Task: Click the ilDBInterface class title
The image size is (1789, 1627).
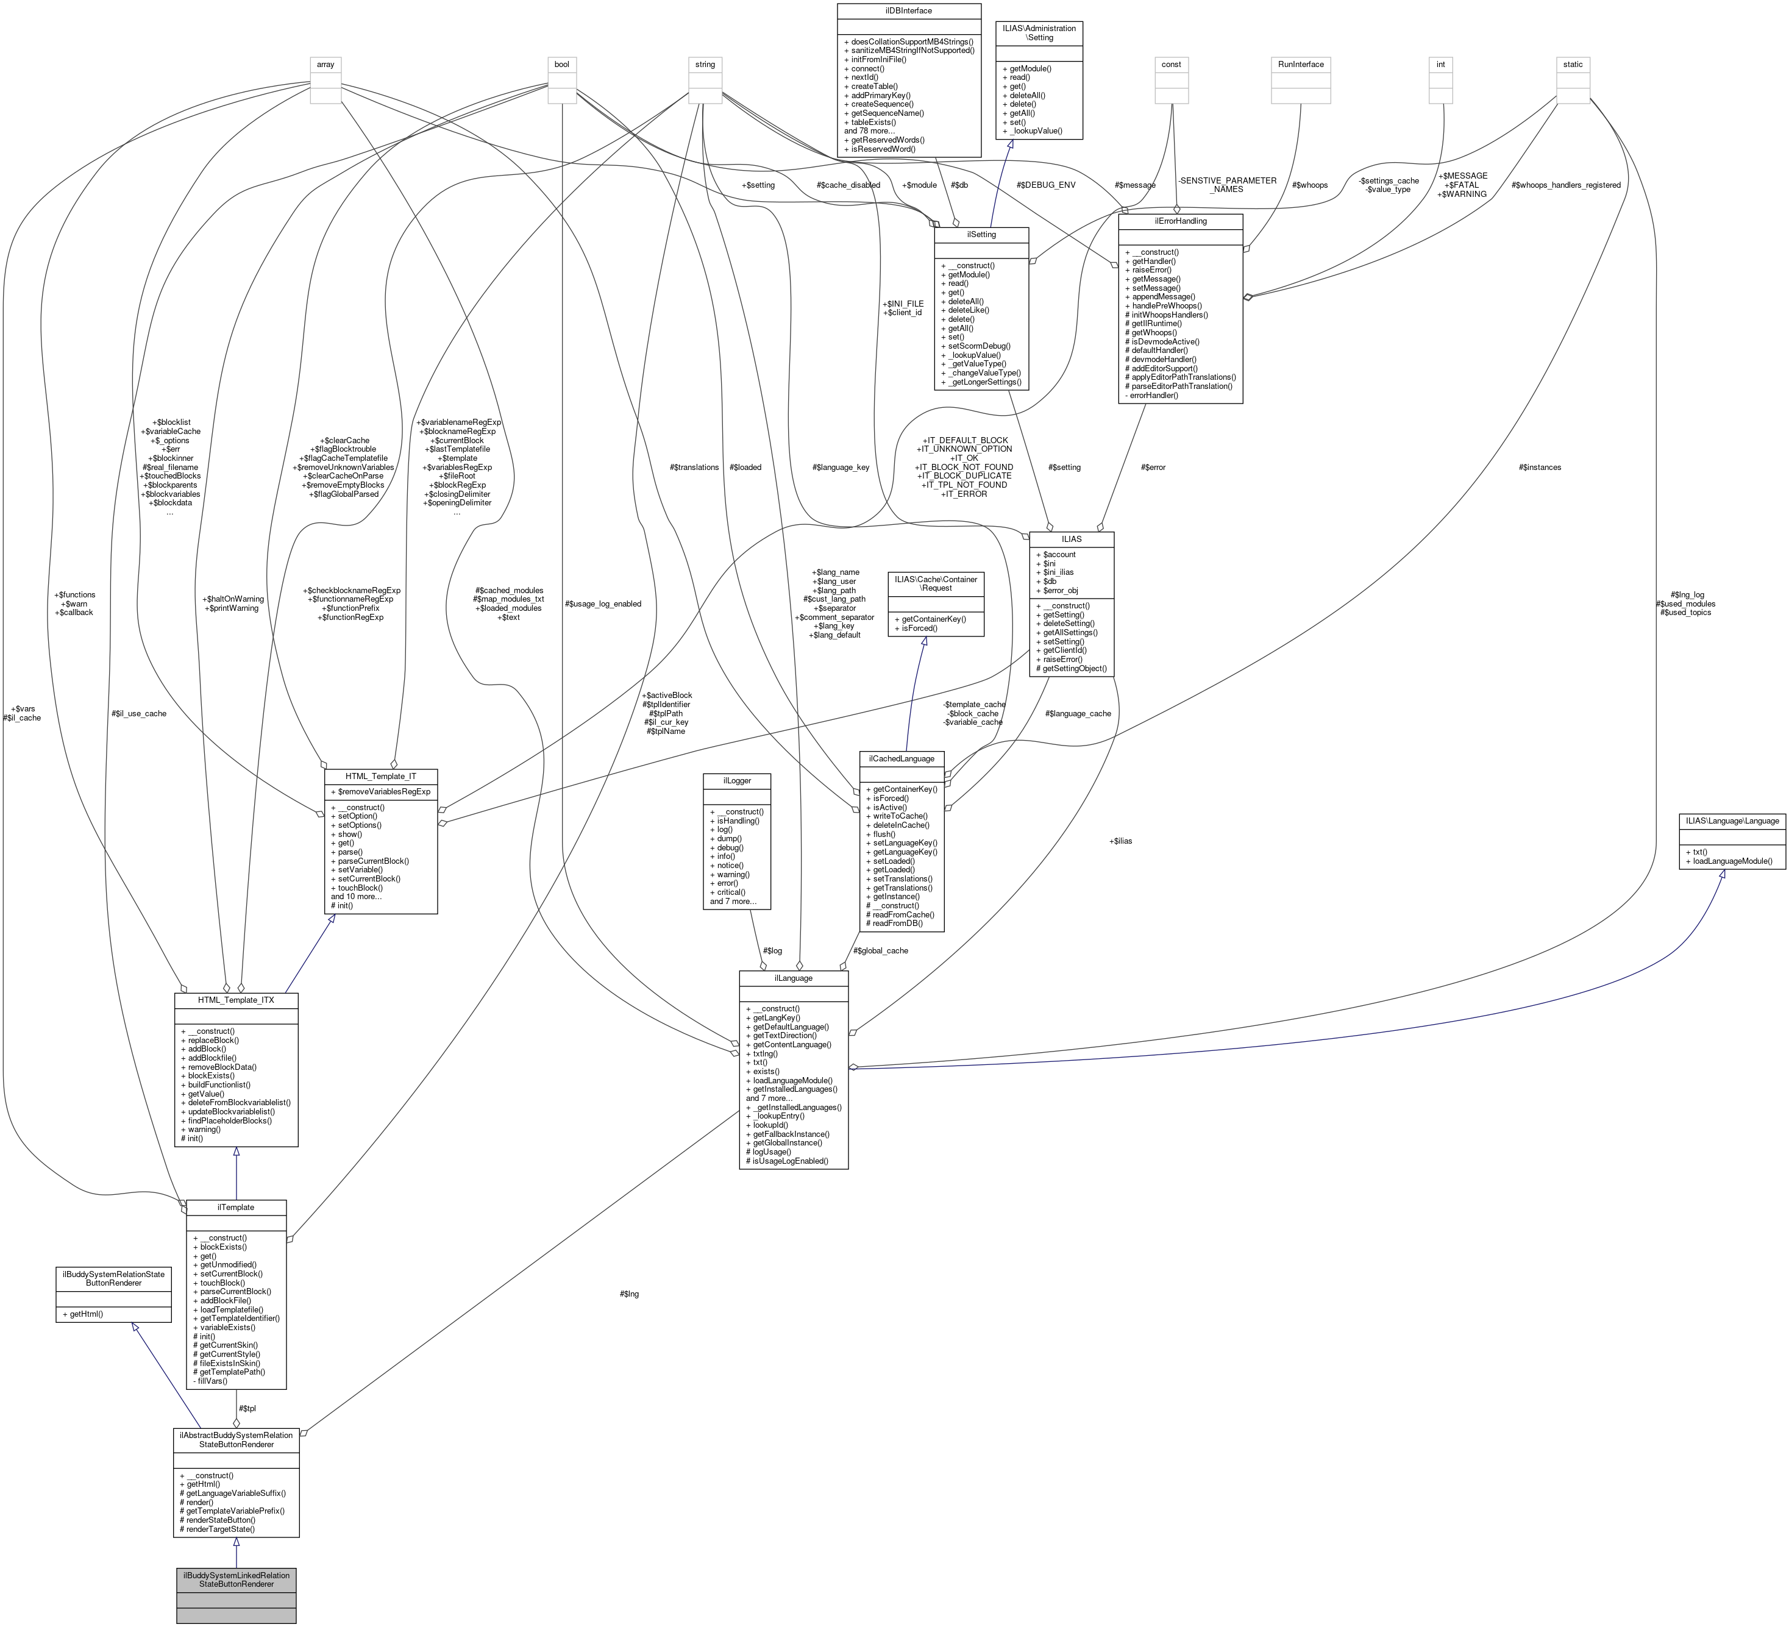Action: (x=909, y=10)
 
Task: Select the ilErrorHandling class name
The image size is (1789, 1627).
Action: (x=1179, y=221)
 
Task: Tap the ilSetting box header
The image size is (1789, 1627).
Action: (x=981, y=234)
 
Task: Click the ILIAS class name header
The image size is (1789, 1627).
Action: (x=1071, y=539)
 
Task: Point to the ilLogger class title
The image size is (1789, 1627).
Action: (x=736, y=781)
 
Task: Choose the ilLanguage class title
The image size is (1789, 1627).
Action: (x=794, y=978)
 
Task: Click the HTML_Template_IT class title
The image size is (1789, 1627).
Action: (x=381, y=776)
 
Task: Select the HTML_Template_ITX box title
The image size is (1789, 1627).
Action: (x=235, y=1000)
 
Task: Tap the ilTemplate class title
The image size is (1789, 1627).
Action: (x=235, y=1207)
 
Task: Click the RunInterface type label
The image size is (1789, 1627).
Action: (x=1301, y=64)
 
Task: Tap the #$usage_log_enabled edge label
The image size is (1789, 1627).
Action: (x=603, y=603)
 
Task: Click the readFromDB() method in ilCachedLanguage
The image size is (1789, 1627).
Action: (x=894, y=923)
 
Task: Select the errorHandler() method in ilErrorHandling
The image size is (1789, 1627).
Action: (x=1154, y=395)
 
